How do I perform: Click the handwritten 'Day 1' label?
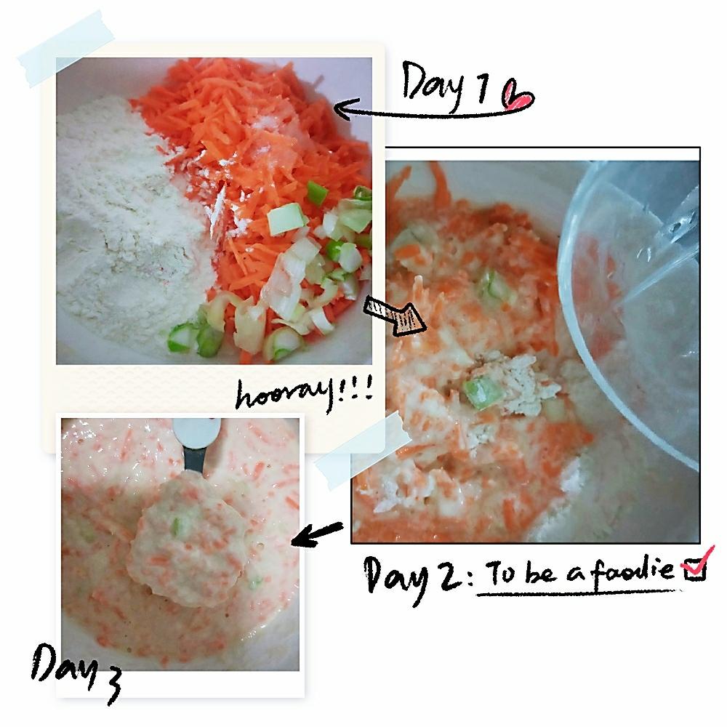click(445, 86)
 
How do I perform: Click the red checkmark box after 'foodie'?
click(696, 563)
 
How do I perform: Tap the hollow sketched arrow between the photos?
click(394, 316)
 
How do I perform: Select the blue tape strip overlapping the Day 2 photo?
click(361, 450)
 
